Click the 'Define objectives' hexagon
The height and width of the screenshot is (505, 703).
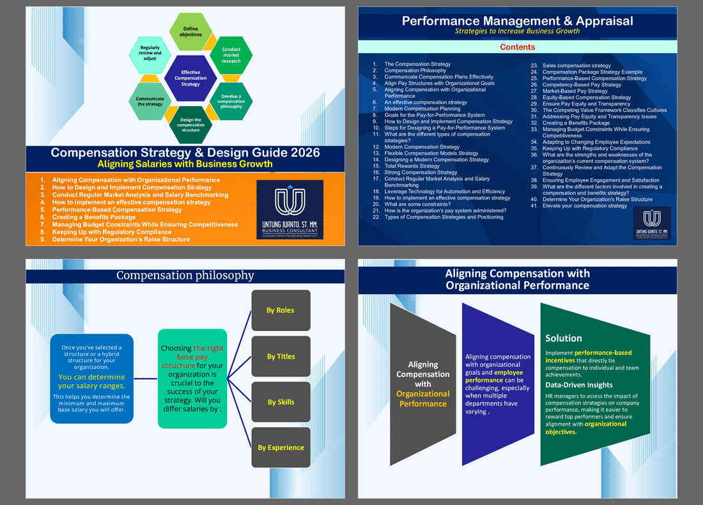pyautogui.click(x=190, y=31)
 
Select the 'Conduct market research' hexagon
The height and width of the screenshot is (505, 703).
pyautogui.click(x=231, y=55)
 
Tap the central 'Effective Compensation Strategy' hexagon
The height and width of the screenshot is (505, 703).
pyautogui.click(x=190, y=79)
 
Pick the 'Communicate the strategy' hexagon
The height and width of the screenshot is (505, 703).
pyautogui.click(x=150, y=101)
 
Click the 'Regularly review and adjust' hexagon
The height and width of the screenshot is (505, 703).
pyautogui.click(x=150, y=53)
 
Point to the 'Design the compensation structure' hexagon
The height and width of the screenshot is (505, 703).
pyautogui.click(x=190, y=124)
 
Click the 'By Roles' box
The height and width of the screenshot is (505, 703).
pyautogui.click(x=281, y=311)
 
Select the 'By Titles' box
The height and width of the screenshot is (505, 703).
pyautogui.click(x=281, y=357)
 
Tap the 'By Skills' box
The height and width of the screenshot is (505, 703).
pyautogui.click(x=281, y=402)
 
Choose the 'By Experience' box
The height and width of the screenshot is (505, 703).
pyautogui.click(x=281, y=447)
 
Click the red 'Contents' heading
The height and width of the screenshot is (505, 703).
pyautogui.click(x=518, y=47)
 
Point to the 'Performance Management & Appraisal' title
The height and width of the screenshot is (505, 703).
pyautogui.click(x=518, y=20)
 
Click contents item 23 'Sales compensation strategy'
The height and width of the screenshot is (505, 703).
pyautogui.click(x=576, y=65)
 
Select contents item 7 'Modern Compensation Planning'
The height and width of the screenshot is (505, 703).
pyautogui.click(x=422, y=109)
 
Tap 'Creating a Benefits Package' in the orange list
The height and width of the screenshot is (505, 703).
pyautogui.click(x=93, y=217)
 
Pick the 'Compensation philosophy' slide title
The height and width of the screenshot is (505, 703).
pyautogui.click(x=185, y=276)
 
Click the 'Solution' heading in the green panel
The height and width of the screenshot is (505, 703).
pyautogui.click(x=563, y=338)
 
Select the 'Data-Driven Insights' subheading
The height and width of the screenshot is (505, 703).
pyautogui.click(x=578, y=385)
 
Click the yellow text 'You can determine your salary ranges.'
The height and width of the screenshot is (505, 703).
pyautogui.click(x=91, y=381)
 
